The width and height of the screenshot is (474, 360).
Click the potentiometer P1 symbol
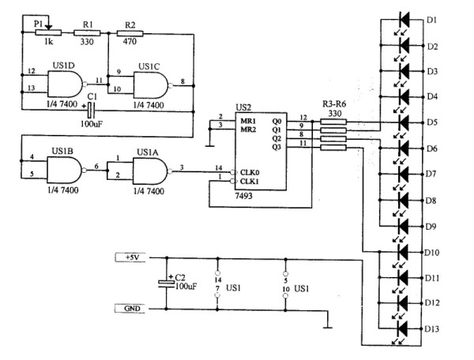click(48, 32)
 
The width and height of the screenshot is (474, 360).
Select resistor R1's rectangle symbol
click(87, 33)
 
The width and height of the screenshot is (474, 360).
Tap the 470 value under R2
click(130, 41)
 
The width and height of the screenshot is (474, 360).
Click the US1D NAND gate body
click(65, 84)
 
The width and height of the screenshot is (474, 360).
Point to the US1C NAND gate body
click(151, 85)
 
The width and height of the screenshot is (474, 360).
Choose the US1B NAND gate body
click(65, 170)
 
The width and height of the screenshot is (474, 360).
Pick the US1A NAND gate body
click(150, 171)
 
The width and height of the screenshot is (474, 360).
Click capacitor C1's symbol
click(91, 111)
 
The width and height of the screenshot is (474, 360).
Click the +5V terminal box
click(130, 257)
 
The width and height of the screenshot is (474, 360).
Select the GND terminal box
click(130, 309)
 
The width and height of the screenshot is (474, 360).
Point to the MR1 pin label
click(248, 121)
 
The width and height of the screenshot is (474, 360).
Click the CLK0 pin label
click(250, 172)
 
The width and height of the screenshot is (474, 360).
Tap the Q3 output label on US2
click(276, 147)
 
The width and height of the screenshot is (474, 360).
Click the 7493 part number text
click(244, 196)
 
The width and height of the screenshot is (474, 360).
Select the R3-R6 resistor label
click(334, 104)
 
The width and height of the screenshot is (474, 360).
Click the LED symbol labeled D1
click(404, 20)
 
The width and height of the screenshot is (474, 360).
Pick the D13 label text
click(432, 328)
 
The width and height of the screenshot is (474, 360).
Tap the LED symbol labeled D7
click(404, 174)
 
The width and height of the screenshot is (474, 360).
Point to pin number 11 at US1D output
click(100, 80)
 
